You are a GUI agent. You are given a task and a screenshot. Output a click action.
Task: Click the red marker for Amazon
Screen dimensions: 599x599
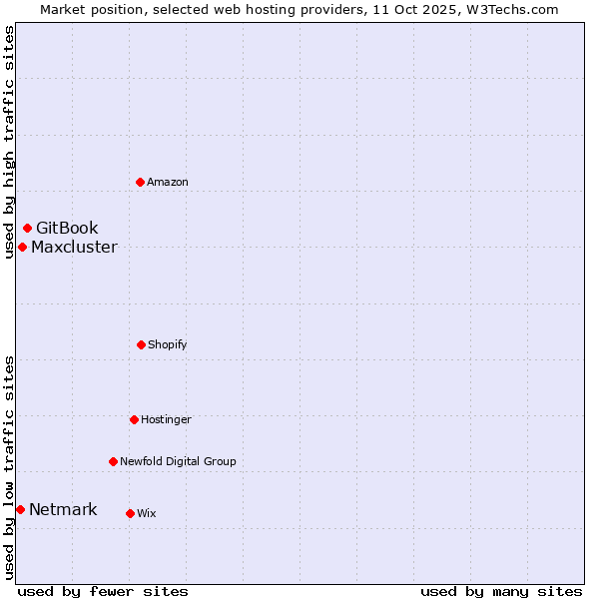pyautogui.click(x=140, y=182)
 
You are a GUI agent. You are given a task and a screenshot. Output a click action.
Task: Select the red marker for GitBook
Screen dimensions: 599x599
pyautogui.click(x=27, y=229)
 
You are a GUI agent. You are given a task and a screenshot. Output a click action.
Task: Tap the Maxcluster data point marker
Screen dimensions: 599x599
pyautogui.click(x=22, y=247)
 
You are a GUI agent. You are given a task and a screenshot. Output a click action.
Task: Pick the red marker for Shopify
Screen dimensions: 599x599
pyautogui.click(x=141, y=344)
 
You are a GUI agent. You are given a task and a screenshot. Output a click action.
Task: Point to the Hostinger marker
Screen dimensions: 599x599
pyautogui.click(x=134, y=419)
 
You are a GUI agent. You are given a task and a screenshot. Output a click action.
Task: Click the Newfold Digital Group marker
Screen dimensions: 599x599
pyautogui.click(x=113, y=461)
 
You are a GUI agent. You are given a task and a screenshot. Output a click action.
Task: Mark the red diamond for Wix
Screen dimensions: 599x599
pyautogui.click(x=130, y=513)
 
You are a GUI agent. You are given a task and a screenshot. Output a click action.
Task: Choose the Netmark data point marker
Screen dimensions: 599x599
pyautogui.click(x=20, y=510)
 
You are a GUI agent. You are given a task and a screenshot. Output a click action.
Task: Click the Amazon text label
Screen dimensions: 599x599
pyautogui.click(x=168, y=182)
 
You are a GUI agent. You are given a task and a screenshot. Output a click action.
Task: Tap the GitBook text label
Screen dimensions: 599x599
pyautogui.click(x=67, y=229)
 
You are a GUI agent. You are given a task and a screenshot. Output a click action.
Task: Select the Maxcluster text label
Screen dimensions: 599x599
pyautogui.click(x=74, y=248)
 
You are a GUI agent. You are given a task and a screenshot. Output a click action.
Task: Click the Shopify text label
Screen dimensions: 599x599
pyautogui.click(x=168, y=344)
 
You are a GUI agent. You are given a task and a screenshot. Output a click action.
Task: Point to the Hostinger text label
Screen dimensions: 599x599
pyautogui.click(x=166, y=419)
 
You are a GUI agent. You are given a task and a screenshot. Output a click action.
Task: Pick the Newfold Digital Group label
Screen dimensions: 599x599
pyautogui.click(x=178, y=461)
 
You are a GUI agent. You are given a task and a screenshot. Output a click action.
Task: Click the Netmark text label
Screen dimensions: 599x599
pyautogui.click(x=63, y=510)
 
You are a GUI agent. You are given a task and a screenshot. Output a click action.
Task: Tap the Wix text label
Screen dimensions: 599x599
pyautogui.click(x=147, y=513)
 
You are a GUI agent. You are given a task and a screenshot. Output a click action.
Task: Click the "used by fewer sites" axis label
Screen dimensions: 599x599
pyautogui.click(x=102, y=591)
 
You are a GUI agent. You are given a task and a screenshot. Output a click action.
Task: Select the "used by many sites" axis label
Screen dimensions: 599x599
pyautogui.click(x=501, y=591)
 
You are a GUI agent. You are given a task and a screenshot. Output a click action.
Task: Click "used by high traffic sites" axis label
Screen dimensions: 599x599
pyautogui.click(x=9, y=142)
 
